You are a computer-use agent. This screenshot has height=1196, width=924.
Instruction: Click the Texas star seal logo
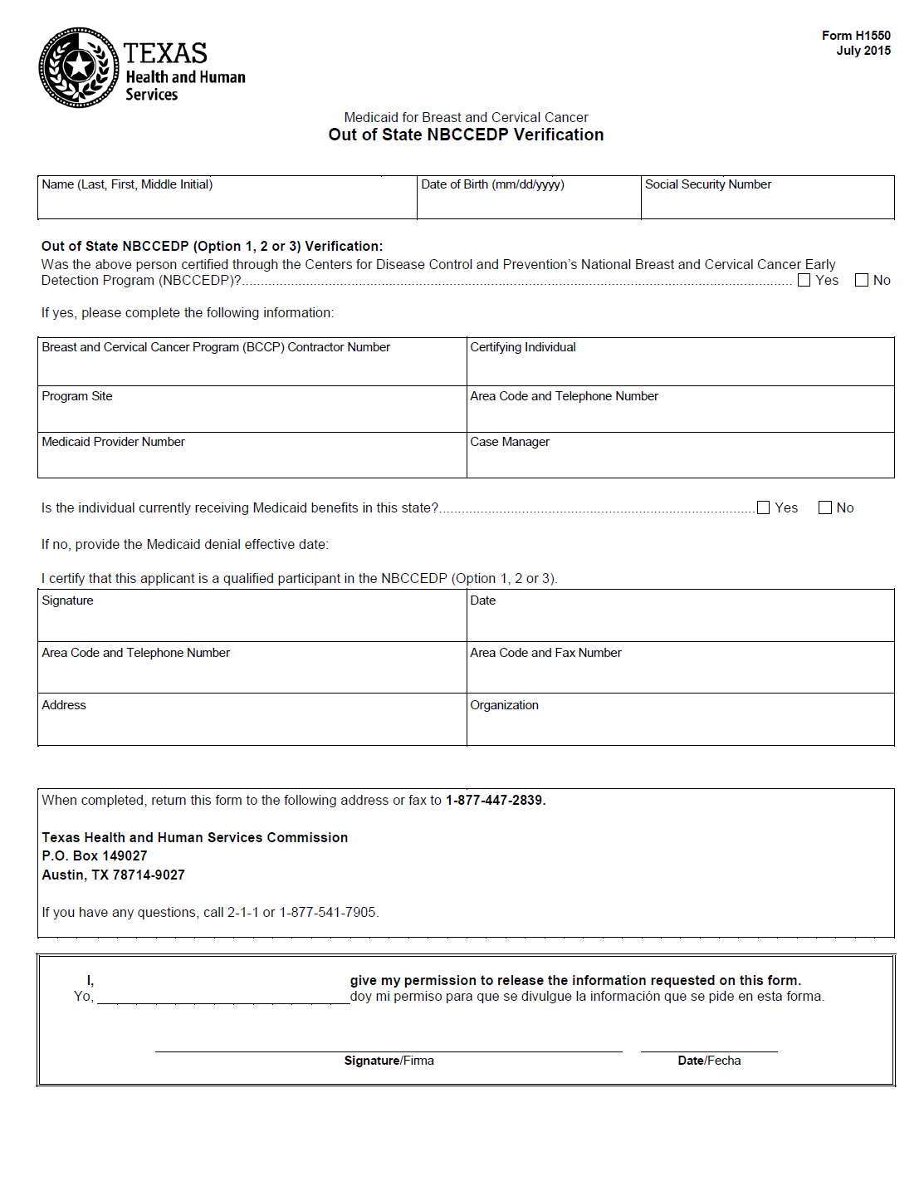[79, 67]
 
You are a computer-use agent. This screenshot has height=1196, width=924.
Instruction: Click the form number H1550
[856, 36]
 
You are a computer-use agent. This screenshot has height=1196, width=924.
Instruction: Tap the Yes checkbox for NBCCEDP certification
[804, 281]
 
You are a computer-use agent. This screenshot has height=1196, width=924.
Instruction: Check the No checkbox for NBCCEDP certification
[862, 281]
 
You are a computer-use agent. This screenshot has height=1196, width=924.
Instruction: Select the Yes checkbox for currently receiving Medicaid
[764, 507]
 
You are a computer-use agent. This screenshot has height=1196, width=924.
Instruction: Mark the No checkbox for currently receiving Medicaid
[825, 507]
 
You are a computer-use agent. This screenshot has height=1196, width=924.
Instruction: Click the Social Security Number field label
[708, 184]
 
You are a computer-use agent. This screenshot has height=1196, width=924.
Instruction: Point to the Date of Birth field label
[492, 184]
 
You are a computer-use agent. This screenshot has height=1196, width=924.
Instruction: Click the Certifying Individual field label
[523, 347]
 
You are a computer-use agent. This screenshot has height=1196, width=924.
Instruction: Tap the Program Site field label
[77, 396]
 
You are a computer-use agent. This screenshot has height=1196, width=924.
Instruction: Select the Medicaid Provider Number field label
[114, 442]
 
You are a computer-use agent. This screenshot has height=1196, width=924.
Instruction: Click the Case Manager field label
[510, 442]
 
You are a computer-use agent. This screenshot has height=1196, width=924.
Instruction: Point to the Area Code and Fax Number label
[545, 653]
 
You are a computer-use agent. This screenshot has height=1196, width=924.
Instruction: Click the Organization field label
[504, 705]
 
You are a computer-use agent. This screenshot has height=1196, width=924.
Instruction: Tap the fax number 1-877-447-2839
[495, 801]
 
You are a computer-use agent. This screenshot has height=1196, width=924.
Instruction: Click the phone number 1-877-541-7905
[328, 912]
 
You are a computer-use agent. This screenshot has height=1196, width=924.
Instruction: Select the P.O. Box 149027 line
[95, 855]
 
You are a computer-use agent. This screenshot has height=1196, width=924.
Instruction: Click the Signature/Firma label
[389, 1061]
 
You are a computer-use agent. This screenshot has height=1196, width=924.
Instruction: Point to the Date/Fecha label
[709, 1061]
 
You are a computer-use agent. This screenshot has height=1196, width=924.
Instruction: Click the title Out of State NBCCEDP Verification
[466, 135]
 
